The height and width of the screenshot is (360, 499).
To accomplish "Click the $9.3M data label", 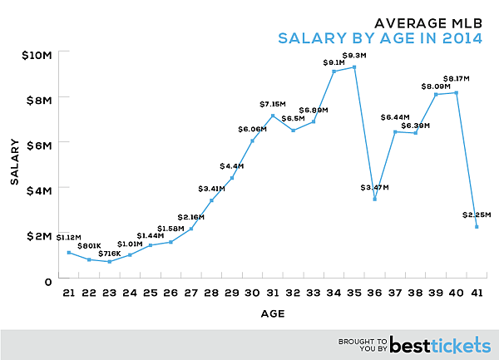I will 354,56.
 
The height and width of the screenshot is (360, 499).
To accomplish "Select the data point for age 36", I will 375,199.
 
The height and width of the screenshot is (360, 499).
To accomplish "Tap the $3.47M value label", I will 377,188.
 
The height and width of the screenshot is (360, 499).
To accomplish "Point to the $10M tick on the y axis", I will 37,55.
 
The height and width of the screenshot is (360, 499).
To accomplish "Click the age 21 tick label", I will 69,293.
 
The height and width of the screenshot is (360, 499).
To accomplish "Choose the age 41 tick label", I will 477,293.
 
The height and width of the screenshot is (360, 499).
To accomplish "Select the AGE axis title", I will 273,314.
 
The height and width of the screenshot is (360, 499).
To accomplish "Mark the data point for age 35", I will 354,67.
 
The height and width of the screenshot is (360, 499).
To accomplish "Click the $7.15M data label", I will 272,105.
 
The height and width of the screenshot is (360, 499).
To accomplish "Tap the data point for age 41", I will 477,226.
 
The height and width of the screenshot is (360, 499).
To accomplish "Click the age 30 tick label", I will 253,293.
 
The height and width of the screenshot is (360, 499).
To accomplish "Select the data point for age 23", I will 110,262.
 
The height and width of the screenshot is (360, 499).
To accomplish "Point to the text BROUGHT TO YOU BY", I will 363,343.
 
